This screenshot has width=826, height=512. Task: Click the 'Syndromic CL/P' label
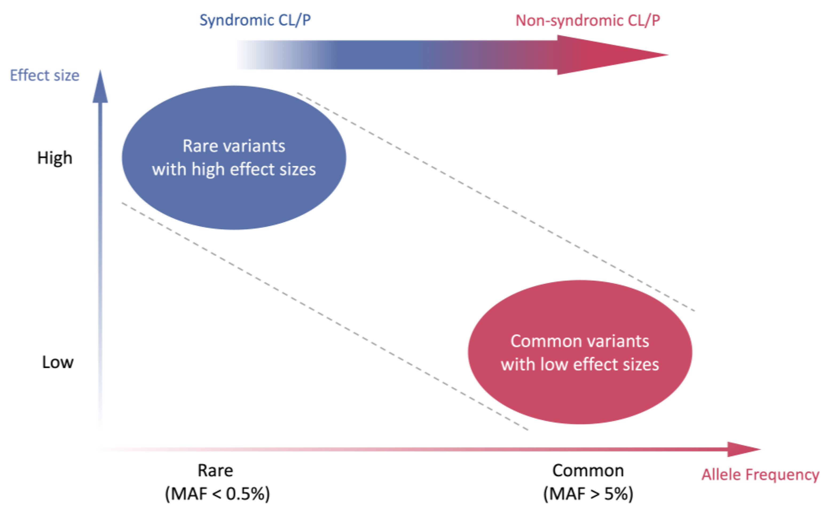255,20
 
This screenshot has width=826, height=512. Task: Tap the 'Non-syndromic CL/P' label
587,21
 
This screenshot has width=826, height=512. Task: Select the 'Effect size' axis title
44,76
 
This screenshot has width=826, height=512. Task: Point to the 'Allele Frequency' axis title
760,474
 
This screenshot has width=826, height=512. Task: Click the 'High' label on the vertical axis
54,158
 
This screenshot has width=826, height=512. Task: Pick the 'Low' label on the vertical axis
58,362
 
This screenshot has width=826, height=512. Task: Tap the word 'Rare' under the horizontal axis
215,470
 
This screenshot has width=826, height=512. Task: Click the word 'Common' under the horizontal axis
588,470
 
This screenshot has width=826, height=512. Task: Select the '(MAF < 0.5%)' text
217,494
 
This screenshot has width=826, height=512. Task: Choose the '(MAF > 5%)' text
588,494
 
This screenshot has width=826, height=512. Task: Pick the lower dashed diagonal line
325,317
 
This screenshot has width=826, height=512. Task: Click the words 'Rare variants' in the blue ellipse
234,146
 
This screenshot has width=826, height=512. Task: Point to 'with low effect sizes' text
580,365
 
